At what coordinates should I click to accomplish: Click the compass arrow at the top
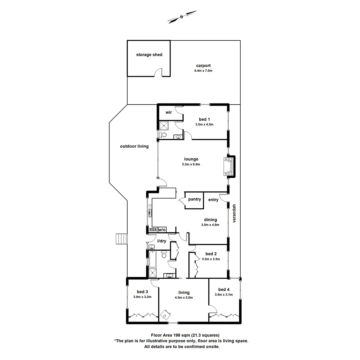182,17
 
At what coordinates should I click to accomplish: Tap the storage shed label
149,55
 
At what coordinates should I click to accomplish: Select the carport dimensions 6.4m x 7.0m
203,71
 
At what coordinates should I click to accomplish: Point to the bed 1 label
204,119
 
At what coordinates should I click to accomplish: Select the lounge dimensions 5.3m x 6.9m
191,164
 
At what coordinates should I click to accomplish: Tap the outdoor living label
134,146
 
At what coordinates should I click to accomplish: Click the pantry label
194,199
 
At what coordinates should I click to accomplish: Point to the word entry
213,200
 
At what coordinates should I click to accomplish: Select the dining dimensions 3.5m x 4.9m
210,225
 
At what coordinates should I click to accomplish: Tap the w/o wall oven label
162,230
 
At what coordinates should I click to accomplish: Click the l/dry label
162,241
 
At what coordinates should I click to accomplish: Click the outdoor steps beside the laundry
120,239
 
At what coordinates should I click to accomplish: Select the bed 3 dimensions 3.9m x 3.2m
142,297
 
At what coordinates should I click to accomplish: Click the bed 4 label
224,289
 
